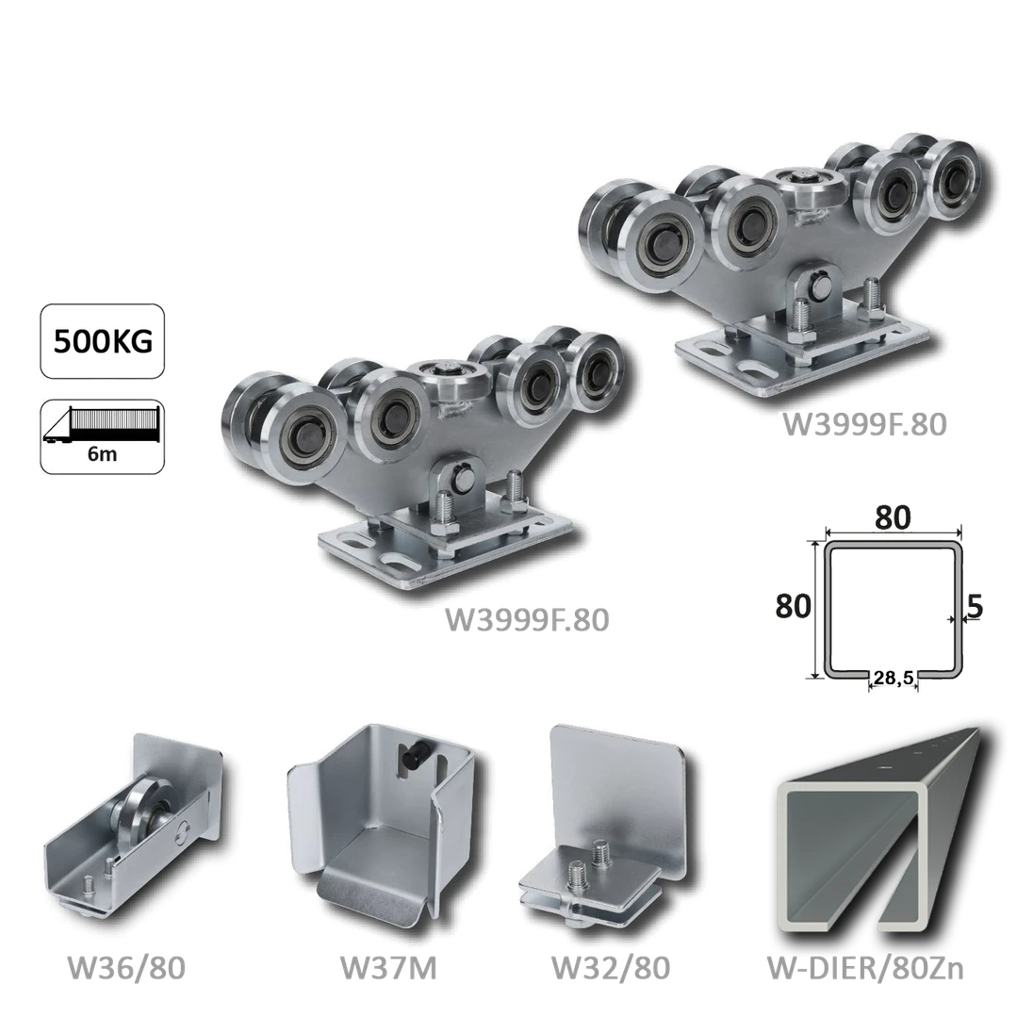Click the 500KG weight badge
102,341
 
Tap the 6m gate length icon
102,436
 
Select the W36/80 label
126,968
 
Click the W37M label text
388,968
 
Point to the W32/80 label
610,968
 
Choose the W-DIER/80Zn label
865,968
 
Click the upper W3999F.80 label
864,424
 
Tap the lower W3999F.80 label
527,620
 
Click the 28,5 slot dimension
894,677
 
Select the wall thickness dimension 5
975,606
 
